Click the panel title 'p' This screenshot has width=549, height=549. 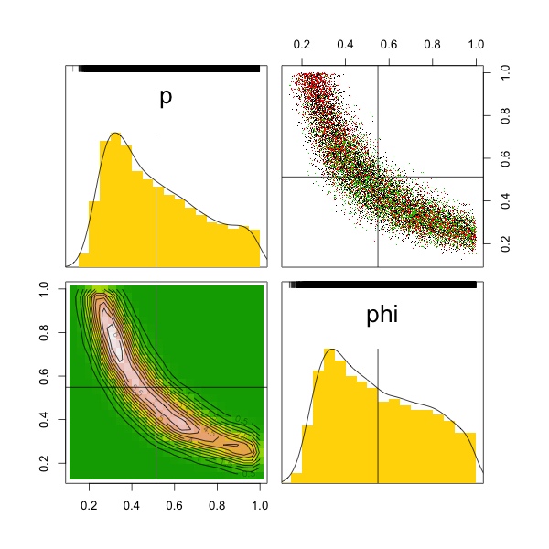pyautogui.click(x=166, y=98)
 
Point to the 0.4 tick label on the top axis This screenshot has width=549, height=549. pyautogui.click(x=345, y=44)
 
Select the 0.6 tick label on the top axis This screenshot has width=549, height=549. pyautogui.click(x=389, y=44)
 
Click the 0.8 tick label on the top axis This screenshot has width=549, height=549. pyautogui.click(x=433, y=44)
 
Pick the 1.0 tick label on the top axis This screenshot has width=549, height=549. pyautogui.click(x=476, y=44)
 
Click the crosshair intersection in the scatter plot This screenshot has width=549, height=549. pyautogui.click(x=378, y=177)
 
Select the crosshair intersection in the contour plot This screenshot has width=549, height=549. pyautogui.click(x=156, y=387)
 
